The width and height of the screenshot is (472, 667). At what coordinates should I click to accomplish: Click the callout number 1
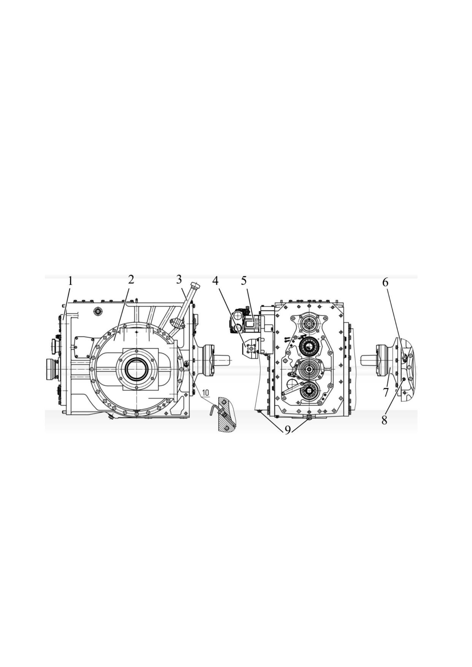[70, 281]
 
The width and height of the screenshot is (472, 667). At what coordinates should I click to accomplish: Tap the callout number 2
[131, 280]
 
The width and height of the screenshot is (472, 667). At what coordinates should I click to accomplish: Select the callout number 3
[180, 280]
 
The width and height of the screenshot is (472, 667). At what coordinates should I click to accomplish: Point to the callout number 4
[215, 281]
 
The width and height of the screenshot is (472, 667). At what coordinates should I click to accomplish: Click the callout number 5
[244, 280]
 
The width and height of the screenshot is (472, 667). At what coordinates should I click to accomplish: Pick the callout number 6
[385, 282]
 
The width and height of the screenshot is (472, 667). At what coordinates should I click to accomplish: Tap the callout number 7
[386, 392]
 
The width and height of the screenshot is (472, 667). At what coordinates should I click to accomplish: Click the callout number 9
[288, 430]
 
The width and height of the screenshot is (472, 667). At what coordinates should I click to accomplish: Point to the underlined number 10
[205, 392]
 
